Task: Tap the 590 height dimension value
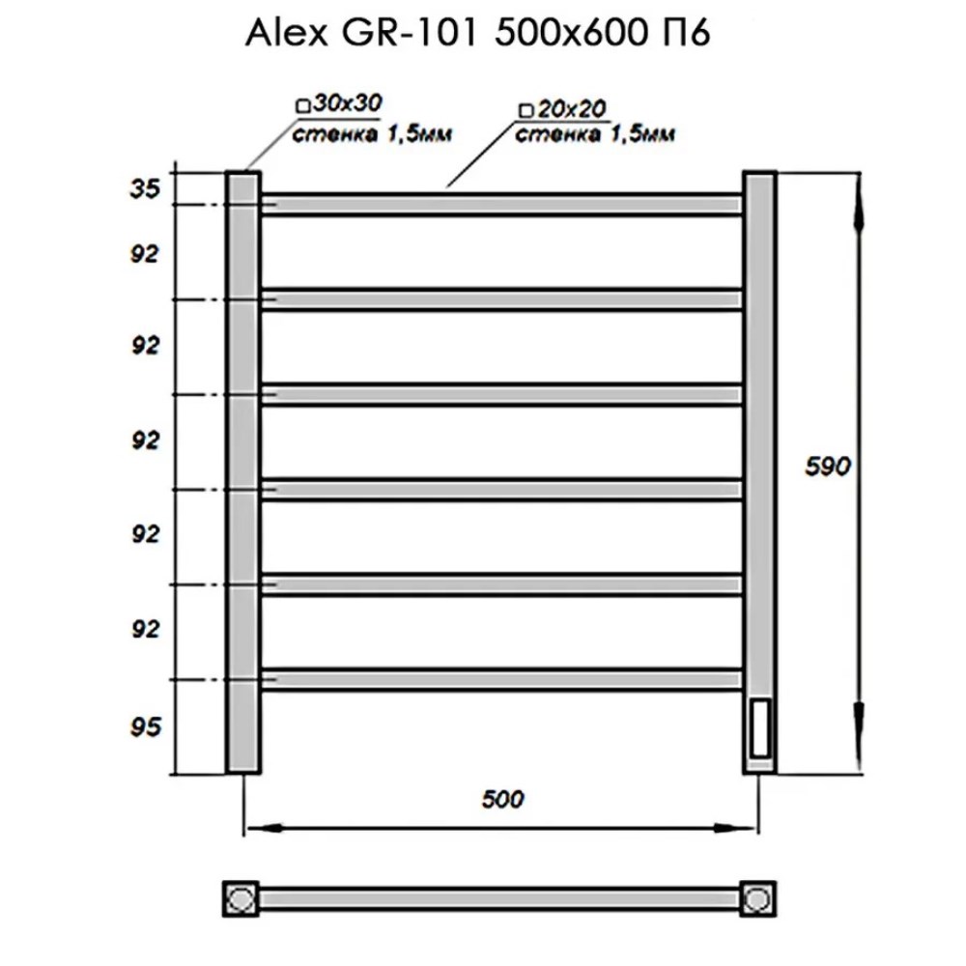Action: pyautogui.click(x=829, y=467)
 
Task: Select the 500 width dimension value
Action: pyautogui.click(x=502, y=799)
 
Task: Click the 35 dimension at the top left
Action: pyautogui.click(x=144, y=189)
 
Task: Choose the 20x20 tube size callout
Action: pyautogui.click(x=561, y=109)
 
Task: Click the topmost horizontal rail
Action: pyautogui.click(x=500, y=204)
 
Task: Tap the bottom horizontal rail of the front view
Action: pyautogui.click(x=500, y=678)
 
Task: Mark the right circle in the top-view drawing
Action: pyautogui.click(x=759, y=898)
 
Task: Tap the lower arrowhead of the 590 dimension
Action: pyautogui.click(x=859, y=734)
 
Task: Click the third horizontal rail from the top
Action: pyautogui.click(x=500, y=394)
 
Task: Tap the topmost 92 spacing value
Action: pyautogui.click(x=144, y=254)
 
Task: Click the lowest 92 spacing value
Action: pyautogui.click(x=144, y=630)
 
